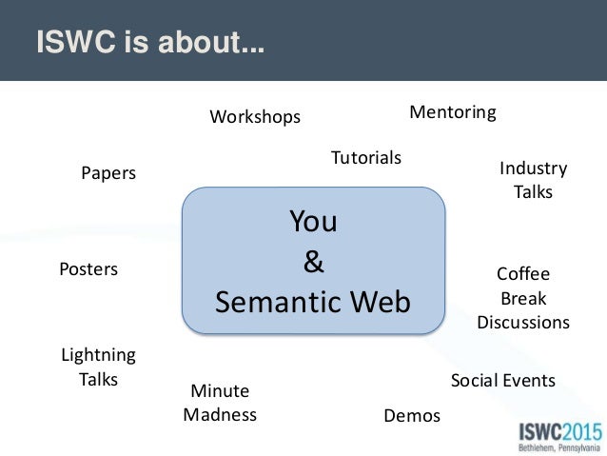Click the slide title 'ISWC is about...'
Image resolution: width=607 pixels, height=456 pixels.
150,44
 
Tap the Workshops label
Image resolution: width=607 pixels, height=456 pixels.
255,117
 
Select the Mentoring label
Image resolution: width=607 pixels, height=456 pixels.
453,112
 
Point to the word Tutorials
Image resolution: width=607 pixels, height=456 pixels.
366,157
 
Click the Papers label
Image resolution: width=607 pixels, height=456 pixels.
108,173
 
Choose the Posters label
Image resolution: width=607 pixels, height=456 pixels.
88,269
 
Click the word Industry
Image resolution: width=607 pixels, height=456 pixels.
533,169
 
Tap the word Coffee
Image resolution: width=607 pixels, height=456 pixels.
523,274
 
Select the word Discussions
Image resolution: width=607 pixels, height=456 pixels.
523,322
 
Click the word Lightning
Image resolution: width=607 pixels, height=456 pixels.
98,355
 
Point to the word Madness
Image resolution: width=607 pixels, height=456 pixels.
220,414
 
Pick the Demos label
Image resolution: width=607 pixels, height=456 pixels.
412,415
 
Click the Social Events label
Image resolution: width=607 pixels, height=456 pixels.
502,381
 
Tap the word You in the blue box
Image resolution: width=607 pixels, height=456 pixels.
313,222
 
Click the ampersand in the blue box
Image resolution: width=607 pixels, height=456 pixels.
313,262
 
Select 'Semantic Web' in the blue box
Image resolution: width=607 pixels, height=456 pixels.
313,302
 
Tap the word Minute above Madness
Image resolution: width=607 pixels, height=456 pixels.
220,390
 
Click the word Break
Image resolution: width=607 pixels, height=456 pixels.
523,298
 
